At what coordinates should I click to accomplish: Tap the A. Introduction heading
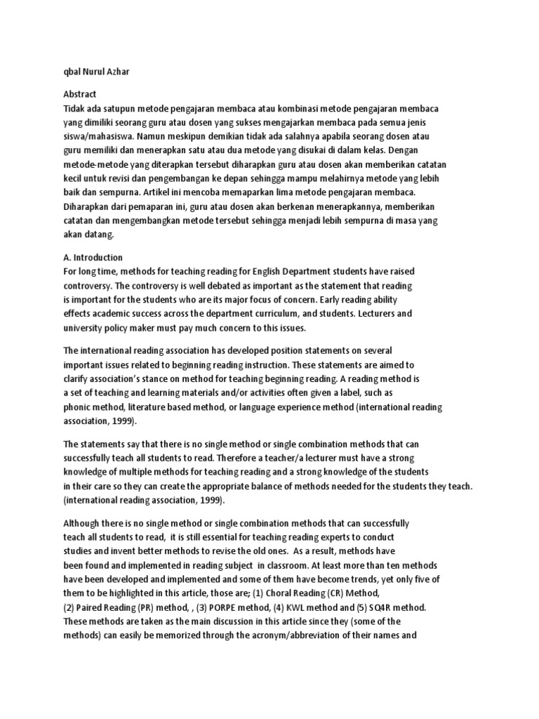(x=93, y=258)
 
